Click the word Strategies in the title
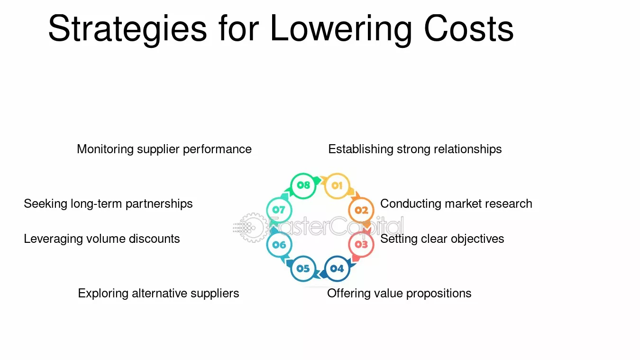tap(128, 29)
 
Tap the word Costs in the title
tap(468, 28)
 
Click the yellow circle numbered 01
tap(337, 186)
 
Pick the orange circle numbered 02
tap(361, 211)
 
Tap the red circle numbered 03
tap(361, 244)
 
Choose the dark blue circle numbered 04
tap(337, 268)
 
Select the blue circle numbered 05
tap(303, 268)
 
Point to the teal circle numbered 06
tap(279, 245)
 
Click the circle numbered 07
tap(279, 210)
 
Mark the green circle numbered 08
tap(303, 185)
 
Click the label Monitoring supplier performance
tap(165, 149)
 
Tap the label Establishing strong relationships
tap(415, 149)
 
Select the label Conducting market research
tap(456, 204)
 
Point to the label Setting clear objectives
tap(442, 239)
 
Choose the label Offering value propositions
tap(399, 294)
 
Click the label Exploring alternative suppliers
tap(158, 294)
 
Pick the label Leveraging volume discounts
tap(102, 239)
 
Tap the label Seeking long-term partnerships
tap(108, 204)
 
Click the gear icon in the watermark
tap(252, 228)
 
